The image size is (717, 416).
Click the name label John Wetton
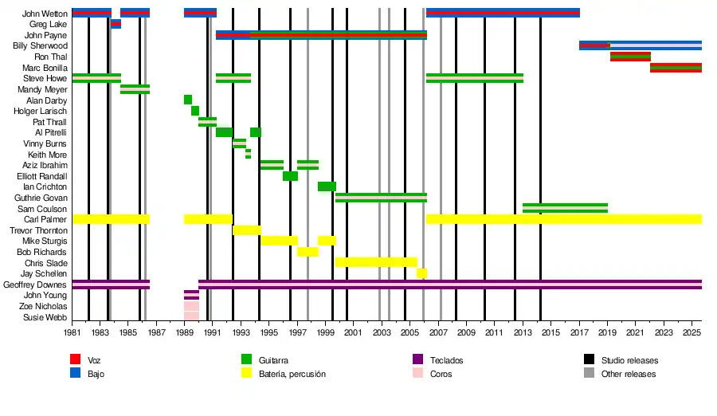point(45,14)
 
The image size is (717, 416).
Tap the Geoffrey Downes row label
point(35,285)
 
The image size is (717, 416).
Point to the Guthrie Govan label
point(41,198)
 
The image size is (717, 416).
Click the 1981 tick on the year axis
point(72,332)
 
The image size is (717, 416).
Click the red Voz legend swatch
point(76,360)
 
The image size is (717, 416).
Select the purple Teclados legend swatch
point(418,360)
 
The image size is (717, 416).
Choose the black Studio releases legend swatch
point(590,360)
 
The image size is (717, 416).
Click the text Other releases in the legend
point(629,374)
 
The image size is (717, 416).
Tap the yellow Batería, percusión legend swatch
point(247,374)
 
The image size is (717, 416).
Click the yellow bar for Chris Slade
point(376,262)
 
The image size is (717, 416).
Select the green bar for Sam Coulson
point(565,208)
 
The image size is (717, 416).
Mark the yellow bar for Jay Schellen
point(421,273)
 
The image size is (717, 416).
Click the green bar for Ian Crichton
point(327,186)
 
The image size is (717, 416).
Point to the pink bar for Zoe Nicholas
point(191,306)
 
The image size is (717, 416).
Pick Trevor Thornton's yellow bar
point(247,230)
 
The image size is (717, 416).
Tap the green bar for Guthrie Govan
point(381,198)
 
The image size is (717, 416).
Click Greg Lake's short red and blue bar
point(116,25)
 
